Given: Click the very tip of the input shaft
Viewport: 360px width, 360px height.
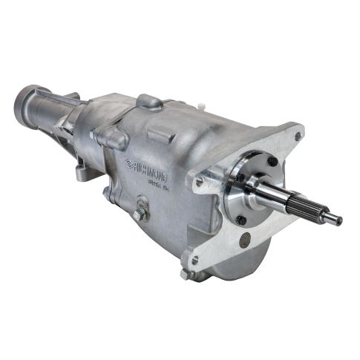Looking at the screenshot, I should click(339, 220).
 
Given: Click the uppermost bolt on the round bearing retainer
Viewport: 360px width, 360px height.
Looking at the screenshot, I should click(272, 161).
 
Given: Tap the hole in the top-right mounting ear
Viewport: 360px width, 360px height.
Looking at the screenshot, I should click(298, 137).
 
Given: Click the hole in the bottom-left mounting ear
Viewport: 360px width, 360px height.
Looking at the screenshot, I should click(194, 260).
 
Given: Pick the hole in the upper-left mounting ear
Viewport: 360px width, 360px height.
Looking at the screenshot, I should click(200, 179).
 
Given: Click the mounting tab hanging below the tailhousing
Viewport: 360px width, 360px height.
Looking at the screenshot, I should click(80, 174).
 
